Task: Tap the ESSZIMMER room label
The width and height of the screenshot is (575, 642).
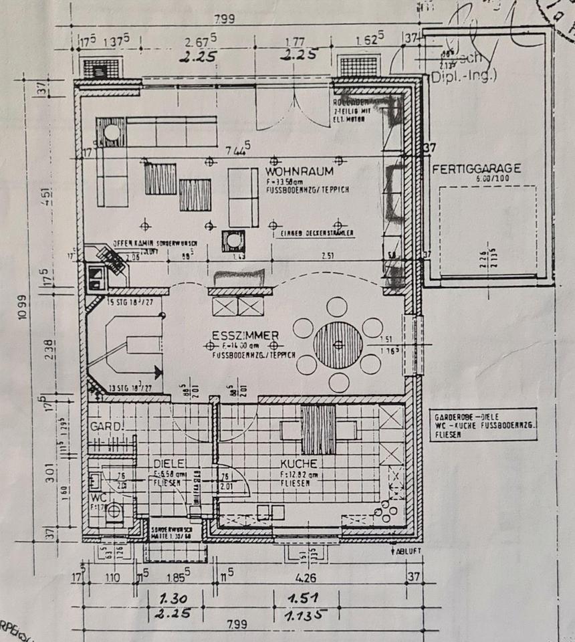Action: point(245,335)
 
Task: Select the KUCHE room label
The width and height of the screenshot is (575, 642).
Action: point(298,463)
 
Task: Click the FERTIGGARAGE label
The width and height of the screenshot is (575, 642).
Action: point(476,169)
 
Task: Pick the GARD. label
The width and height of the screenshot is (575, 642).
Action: point(104,426)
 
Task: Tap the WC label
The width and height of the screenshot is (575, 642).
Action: point(97,498)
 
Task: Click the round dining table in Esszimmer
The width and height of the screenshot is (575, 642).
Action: point(338,345)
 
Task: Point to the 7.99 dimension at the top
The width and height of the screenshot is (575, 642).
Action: point(225,19)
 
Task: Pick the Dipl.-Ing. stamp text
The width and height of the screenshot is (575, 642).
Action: point(465,76)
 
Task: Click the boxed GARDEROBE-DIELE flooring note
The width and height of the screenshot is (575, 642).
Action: point(481,425)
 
